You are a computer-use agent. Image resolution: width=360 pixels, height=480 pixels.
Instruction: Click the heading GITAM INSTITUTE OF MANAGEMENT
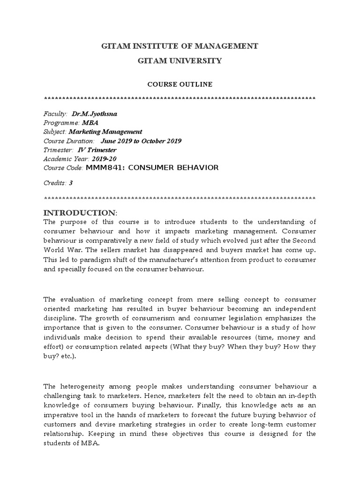(180, 46)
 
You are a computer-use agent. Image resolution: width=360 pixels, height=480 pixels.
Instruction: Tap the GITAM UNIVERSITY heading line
(180, 61)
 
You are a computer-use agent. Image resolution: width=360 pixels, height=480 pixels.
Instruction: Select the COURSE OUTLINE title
(180, 84)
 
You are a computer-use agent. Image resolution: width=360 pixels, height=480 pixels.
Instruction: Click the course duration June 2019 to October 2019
(141, 141)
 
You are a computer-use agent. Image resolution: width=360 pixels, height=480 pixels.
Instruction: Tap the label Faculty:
(55, 114)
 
